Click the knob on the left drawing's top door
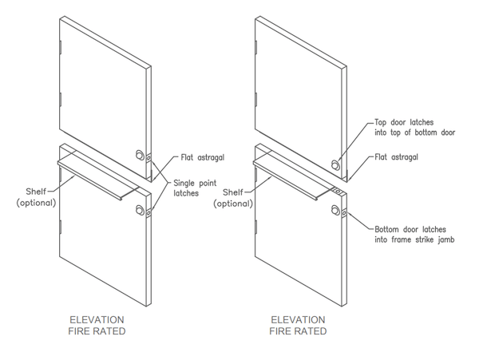141,154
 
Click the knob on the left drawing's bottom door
141,210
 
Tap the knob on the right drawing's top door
336,164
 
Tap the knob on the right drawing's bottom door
335,210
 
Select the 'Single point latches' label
196,188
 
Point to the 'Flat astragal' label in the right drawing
397,157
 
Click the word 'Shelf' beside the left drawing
37,192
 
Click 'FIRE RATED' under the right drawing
297,330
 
